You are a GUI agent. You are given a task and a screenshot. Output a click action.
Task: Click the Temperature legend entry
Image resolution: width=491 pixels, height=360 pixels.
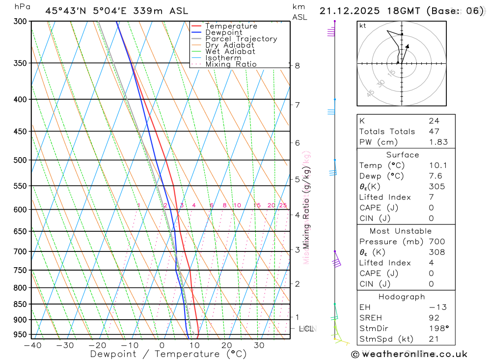click(x=231, y=26)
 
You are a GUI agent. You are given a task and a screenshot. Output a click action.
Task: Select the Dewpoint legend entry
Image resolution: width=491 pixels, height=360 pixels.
click(x=223, y=32)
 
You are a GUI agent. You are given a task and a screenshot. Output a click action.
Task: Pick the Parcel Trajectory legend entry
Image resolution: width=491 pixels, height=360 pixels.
click(x=241, y=39)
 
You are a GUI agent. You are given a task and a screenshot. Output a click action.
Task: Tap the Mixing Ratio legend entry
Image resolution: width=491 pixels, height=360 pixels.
click(x=231, y=64)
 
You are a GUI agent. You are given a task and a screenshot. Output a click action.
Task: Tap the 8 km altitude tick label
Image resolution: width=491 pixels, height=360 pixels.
click(x=298, y=66)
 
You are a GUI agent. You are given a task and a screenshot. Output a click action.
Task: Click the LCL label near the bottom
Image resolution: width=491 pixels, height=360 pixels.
click(x=306, y=329)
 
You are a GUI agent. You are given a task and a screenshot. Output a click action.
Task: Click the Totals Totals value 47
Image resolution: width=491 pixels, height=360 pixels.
click(x=434, y=131)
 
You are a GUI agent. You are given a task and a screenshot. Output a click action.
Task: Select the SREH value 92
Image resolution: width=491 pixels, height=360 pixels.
click(x=434, y=318)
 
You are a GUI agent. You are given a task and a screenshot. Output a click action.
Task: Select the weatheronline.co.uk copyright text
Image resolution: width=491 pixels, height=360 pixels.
click(x=409, y=354)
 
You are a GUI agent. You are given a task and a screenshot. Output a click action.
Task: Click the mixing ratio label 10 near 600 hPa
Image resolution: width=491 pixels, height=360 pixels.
click(x=237, y=205)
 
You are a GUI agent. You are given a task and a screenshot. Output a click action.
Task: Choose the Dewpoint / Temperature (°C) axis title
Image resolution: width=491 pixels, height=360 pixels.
click(x=161, y=354)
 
